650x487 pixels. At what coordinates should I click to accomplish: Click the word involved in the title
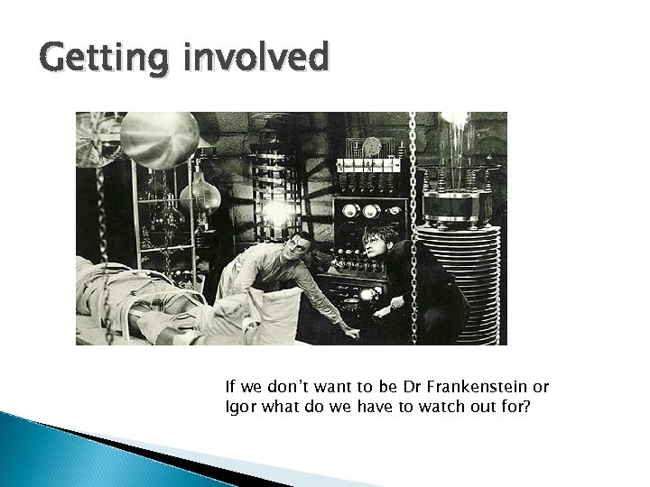(x=255, y=60)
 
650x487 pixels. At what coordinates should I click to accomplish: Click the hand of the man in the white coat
(x=351, y=333)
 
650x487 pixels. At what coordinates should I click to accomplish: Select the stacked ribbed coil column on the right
(x=459, y=271)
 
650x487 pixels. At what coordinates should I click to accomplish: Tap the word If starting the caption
(x=230, y=388)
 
